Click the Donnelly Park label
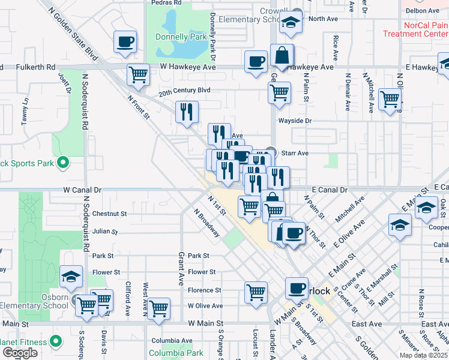[x=181, y=37]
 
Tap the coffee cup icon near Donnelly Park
[x=125, y=42]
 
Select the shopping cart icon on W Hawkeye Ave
[x=138, y=75]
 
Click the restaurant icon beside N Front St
[x=187, y=111]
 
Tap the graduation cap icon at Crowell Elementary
[x=291, y=23]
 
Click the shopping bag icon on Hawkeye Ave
[x=282, y=56]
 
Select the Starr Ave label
[x=295, y=153]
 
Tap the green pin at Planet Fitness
[x=56, y=341]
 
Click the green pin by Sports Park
[x=62, y=163]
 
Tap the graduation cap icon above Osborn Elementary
[x=71, y=277]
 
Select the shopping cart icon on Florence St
[x=256, y=292]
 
